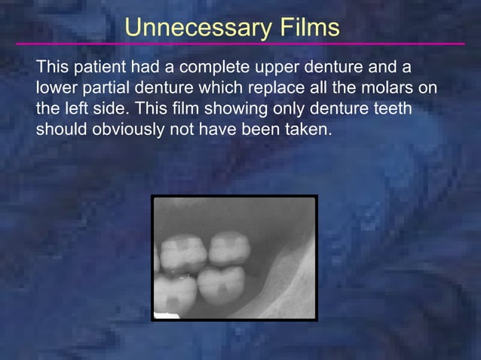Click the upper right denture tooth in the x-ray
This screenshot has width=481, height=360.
click(x=229, y=249)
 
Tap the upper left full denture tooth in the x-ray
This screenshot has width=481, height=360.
click(x=184, y=252)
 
